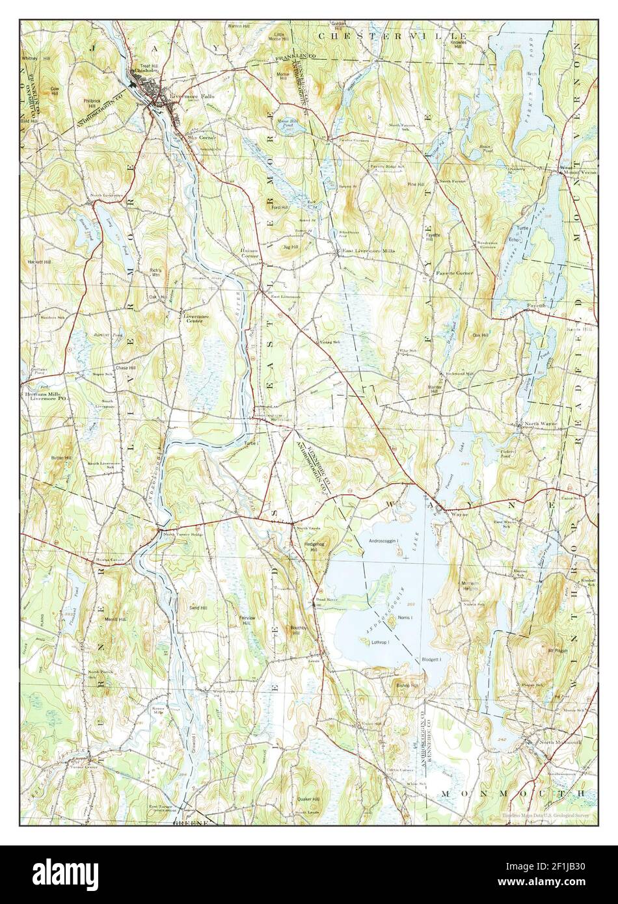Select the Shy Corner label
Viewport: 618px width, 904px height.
201,138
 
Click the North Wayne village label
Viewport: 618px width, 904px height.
542,423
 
